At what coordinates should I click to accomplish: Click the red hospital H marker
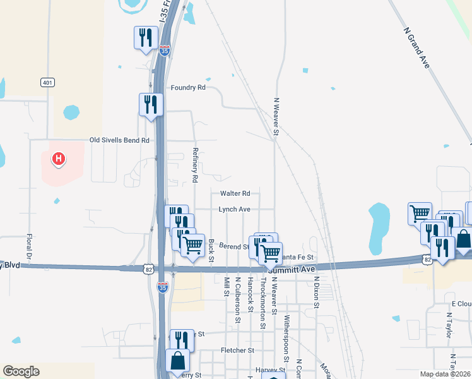click(58, 159)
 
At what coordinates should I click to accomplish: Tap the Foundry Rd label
click(189, 88)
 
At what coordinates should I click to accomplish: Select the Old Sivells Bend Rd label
click(119, 140)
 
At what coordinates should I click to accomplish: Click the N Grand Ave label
click(419, 48)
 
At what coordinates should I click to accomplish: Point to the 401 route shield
click(47, 82)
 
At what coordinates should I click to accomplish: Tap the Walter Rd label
click(235, 193)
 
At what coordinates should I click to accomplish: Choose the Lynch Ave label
click(235, 209)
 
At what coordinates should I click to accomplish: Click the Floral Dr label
click(29, 250)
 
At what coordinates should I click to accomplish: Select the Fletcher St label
click(237, 350)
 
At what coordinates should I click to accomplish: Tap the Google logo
click(21, 371)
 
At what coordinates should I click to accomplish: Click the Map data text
click(445, 374)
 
